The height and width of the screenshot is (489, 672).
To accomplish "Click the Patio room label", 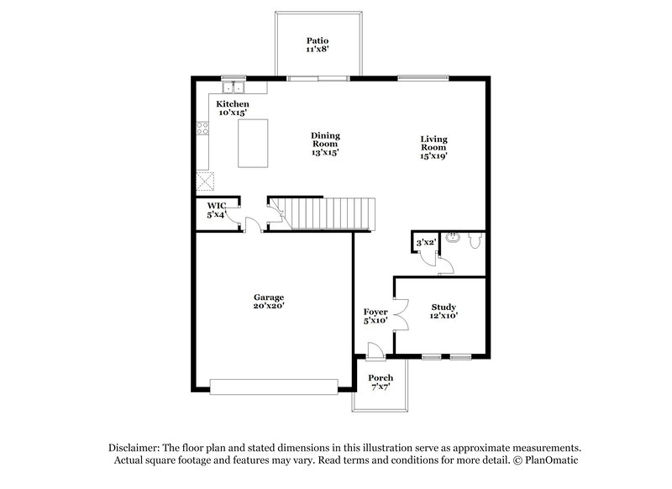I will [x=317, y=45].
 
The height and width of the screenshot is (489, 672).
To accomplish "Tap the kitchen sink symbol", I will [x=233, y=87].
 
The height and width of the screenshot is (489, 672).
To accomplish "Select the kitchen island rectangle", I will [x=254, y=143].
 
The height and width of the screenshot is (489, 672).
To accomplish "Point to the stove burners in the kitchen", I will [x=202, y=129].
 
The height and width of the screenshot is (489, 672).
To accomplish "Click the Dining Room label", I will [x=325, y=144].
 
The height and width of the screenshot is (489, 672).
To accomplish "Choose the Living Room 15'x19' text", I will [x=433, y=147].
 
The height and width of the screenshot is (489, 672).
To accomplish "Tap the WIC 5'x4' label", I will [x=217, y=210].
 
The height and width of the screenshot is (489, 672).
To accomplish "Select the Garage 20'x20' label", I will [x=269, y=302].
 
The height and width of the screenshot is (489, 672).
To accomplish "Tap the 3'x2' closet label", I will [x=427, y=243].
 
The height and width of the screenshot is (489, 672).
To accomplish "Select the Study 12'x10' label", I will [x=444, y=312].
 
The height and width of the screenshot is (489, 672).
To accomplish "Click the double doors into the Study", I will [x=400, y=318].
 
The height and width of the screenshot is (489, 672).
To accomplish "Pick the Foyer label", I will [x=375, y=317].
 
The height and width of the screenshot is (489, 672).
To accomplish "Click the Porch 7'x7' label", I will [x=381, y=383].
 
